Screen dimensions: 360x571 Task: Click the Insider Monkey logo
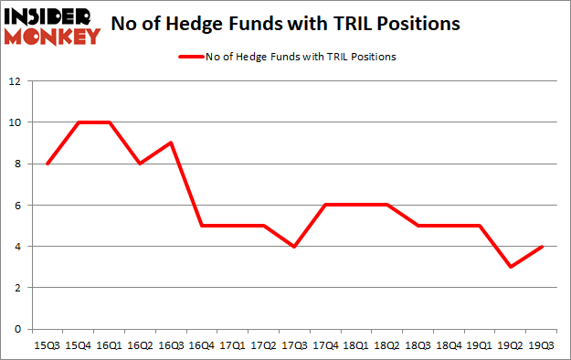[x=51, y=26]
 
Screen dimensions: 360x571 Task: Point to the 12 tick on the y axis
[x=15, y=80]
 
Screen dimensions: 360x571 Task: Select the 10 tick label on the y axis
[x=15, y=122]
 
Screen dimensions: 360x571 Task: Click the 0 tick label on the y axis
[x=17, y=329]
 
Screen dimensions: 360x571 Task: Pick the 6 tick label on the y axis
[x=17, y=205]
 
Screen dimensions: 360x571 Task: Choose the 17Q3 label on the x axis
[x=292, y=345]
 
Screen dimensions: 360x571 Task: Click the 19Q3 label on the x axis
[x=541, y=345]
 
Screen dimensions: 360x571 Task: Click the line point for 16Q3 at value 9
[x=169, y=143]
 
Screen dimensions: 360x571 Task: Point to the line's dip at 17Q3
[x=292, y=246]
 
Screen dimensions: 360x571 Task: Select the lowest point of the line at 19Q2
[x=510, y=267]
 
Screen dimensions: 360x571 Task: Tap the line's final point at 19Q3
[x=541, y=246]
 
